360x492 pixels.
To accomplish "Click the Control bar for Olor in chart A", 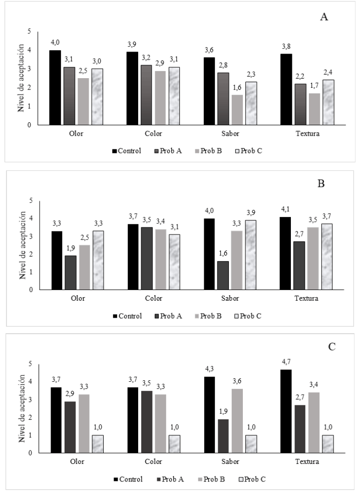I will pos(55,88).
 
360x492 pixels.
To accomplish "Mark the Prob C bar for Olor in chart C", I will pos(97,444).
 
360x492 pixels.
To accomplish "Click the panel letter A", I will pos(324,17).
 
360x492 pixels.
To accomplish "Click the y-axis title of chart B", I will pos(22,245).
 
